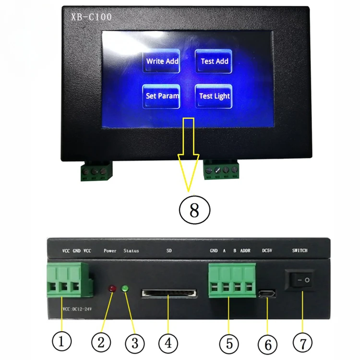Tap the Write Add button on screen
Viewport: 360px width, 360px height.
162,61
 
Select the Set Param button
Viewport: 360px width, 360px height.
162,96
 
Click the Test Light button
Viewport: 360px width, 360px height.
214,96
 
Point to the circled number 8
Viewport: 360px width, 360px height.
193,210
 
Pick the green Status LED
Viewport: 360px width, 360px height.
126,289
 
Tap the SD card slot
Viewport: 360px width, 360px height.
169,293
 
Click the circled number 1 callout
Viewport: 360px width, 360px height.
62,342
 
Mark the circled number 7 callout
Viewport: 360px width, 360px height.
302,342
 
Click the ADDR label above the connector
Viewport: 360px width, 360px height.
245,251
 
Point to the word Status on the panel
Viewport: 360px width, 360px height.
131,251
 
